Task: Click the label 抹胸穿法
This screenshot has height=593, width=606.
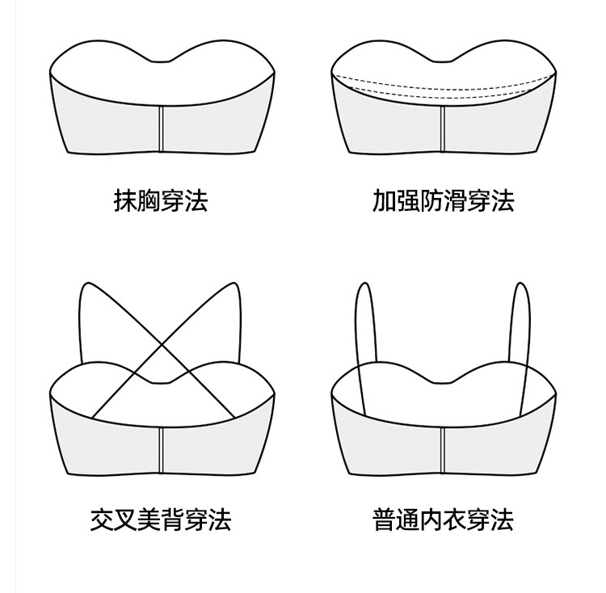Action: [x=161, y=200]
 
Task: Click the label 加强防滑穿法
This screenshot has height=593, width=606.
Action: [x=443, y=200]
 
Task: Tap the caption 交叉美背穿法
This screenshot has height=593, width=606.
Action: [x=161, y=519]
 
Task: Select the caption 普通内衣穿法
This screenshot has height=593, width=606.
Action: [x=443, y=519]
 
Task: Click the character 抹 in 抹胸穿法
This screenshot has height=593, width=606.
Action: [x=126, y=200]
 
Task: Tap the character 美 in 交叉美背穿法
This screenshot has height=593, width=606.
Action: [x=149, y=519]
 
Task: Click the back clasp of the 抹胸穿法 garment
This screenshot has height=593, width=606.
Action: [x=162, y=128]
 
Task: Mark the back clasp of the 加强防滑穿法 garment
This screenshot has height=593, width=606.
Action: [x=443, y=128]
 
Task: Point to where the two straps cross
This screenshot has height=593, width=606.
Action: [x=162, y=347]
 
